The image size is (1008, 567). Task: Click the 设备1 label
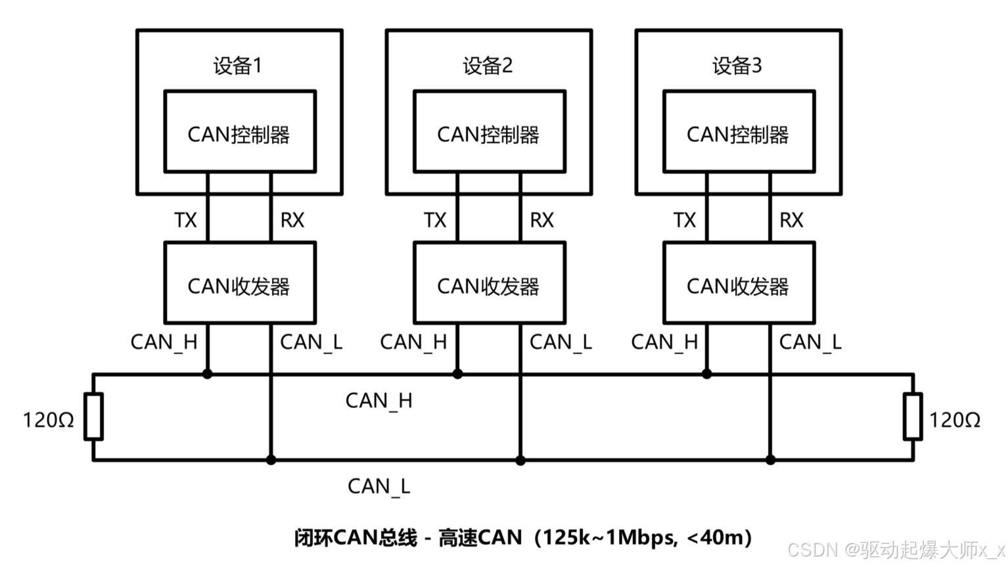point(237,66)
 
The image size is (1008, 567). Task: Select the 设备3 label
point(737,66)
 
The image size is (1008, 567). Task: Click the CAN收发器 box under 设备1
point(239,283)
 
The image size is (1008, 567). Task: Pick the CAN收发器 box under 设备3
point(739,283)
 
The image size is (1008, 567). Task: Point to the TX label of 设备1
point(185,220)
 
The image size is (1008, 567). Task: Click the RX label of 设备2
point(541,220)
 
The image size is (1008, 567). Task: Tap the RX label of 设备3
point(791,220)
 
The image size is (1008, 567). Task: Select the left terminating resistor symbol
point(93,417)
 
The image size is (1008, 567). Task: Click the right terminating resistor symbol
point(912,417)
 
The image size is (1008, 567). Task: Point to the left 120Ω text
point(48,420)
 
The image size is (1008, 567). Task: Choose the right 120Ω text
point(954,420)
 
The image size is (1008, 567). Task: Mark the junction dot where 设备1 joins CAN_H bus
point(208,374)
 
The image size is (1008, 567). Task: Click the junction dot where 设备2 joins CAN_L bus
point(520,461)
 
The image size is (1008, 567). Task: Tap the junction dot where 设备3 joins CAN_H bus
point(707,374)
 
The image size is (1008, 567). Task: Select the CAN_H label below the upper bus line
point(378,401)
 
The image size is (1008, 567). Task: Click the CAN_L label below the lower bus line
point(378,487)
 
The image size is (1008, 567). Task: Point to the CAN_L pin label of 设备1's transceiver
point(311,342)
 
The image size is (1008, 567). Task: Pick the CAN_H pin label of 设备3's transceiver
point(664,342)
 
